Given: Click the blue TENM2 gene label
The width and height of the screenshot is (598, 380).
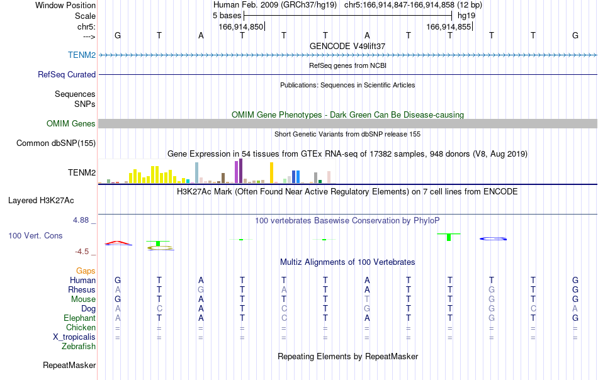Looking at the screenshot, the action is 82,55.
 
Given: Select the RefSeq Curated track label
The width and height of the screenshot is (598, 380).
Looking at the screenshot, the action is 67,74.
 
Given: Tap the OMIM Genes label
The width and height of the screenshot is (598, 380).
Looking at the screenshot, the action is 71,123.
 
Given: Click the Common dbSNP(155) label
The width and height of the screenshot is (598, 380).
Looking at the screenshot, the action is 56,143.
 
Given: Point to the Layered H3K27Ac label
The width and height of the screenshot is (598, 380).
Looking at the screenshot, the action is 41,201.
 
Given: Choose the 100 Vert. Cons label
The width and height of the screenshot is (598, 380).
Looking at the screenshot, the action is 35,235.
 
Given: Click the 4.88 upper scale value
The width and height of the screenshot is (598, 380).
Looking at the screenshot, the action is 81,220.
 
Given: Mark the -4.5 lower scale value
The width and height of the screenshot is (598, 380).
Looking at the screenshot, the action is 82,252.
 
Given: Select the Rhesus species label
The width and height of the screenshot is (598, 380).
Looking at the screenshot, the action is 82,289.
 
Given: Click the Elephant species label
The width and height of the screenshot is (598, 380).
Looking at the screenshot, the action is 80,318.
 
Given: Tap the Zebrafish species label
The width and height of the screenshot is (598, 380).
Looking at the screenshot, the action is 79,347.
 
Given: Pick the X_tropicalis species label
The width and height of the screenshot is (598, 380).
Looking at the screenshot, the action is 74,337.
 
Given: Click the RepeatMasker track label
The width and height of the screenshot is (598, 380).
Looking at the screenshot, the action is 69,365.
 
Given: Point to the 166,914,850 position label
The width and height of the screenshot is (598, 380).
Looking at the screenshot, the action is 241,26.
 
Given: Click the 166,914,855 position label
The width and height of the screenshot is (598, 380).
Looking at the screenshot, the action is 448,26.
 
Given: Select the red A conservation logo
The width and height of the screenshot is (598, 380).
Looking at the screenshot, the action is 118,242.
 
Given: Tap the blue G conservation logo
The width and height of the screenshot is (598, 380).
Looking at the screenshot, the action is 493,238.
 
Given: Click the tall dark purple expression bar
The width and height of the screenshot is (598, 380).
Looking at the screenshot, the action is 240,171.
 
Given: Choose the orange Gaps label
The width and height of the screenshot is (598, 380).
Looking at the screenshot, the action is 86,271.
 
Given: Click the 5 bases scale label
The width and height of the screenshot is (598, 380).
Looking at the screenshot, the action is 227,16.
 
